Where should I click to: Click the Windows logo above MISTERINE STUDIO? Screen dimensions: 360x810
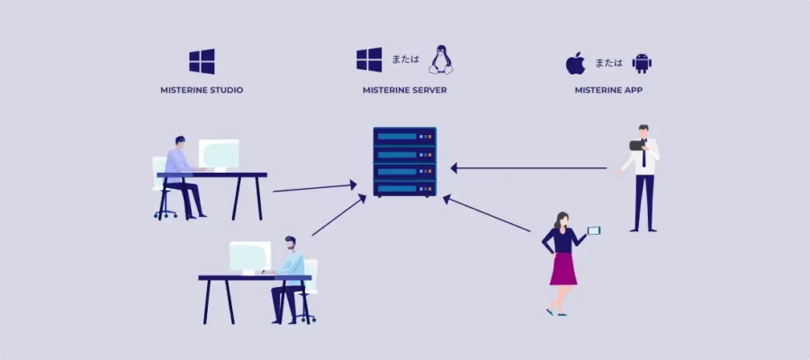tap(202, 61)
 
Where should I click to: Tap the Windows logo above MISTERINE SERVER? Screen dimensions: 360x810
tap(369, 59)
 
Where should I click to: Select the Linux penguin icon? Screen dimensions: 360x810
tap(440, 59)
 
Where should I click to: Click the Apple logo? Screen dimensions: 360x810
tap(575, 63)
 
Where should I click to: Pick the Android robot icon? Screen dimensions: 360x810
tap(642, 63)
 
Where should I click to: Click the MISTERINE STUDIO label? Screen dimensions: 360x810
tap(202, 90)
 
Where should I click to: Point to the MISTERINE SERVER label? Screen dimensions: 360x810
tap(404, 90)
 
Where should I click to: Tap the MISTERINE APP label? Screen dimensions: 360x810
tap(608, 90)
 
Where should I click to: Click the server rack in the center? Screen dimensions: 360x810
tap(404, 162)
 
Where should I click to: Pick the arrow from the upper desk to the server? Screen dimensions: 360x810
tap(315, 187)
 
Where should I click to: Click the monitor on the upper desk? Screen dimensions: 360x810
tap(219, 153)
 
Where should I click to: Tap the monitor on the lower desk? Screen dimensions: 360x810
tap(249, 256)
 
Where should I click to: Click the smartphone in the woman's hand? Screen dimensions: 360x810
tap(593, 230)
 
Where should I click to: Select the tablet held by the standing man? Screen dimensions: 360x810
tap(637, 145)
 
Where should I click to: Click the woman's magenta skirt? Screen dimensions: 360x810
tap(563, 268)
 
